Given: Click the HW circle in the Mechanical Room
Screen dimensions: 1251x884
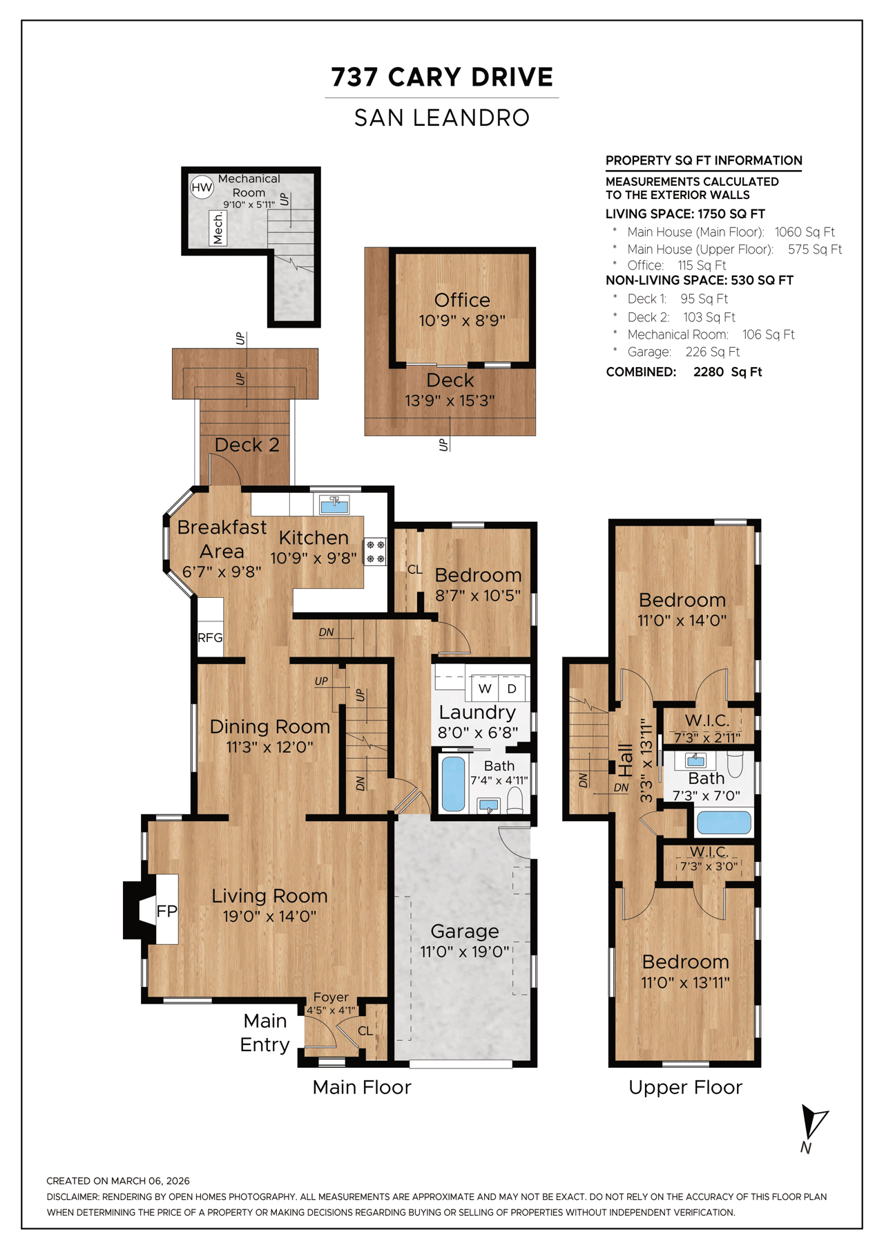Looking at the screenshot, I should (x=202, y=187).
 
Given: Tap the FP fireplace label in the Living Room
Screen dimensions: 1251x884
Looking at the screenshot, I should (x=166, y=911).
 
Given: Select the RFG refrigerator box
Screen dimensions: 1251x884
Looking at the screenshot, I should (x=210, y=637).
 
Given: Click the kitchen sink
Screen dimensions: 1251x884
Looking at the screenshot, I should (x=334, y=504).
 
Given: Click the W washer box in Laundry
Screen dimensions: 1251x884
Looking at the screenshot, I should (x=485, y=688).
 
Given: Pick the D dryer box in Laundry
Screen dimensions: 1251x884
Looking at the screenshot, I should (x=512, y=688).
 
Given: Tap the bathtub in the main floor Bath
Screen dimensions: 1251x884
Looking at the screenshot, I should (x=453, y=784).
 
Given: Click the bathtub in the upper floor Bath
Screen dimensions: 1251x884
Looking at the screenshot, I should (x=723, y=822).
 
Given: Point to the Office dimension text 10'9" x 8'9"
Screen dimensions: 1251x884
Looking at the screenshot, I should (x=462, y=321).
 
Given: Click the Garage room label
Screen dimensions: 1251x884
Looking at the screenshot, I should (x=464, y=931).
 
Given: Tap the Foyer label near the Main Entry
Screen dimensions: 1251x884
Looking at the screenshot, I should (x=331, y=997).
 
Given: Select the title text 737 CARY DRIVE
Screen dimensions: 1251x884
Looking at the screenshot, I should (x=442, y=77).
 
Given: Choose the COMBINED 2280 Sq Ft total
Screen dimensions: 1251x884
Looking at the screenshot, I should (x=684, y=372).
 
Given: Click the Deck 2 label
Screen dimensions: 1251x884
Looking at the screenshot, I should (x=247, y=445).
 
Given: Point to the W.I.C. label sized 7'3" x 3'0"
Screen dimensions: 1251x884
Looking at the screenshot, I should (x=709, y=852).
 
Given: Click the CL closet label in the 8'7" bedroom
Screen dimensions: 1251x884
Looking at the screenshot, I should (x=414, y=570).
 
